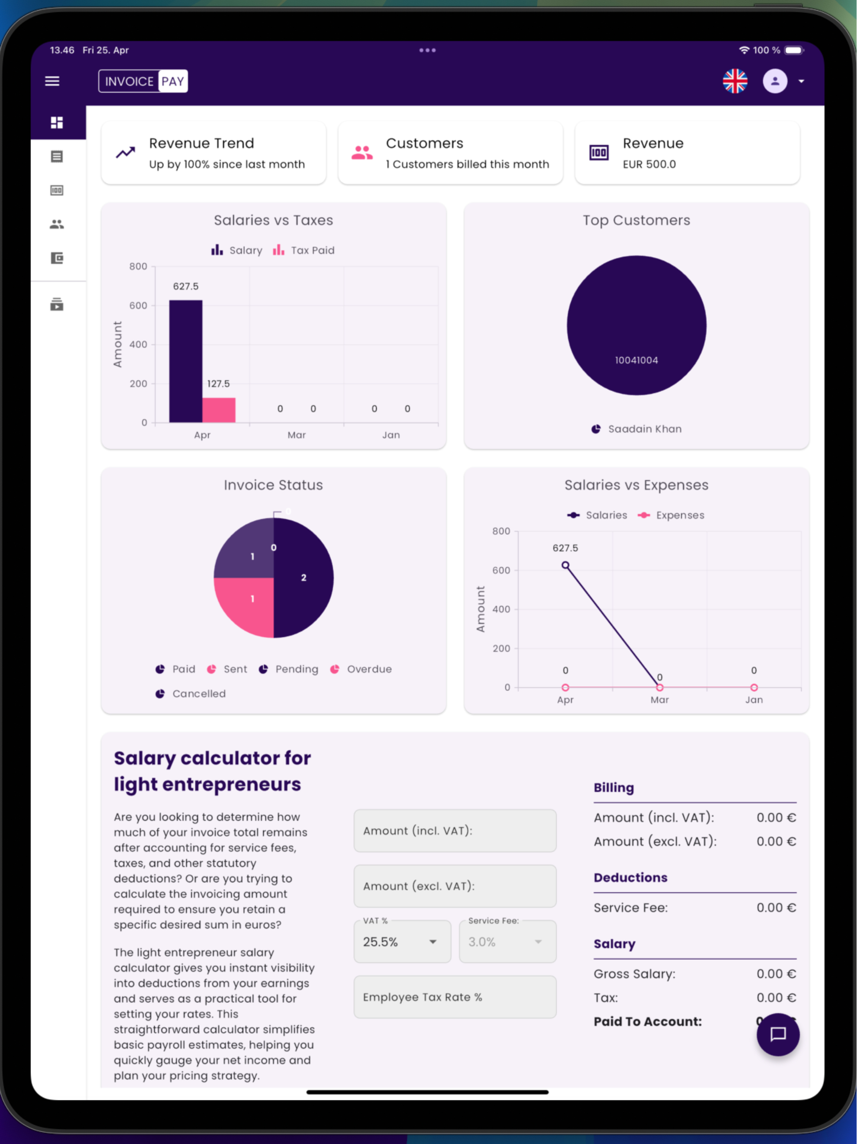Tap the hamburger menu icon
[x=52, y=81]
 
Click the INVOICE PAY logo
[x=143, y=81]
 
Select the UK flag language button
[x=734, y=81]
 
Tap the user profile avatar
[x=775, y=81]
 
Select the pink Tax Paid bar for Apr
[x=218, y=410]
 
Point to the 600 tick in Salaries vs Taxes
[x=139, y=306]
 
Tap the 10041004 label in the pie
[x=636, y=360]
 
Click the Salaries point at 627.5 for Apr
[x=565, y=565]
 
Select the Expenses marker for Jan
[x=754, y=687]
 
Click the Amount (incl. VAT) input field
[x=455, y=831]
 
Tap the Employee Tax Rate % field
[x=455, y=997]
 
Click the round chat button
[x=778, y=1034]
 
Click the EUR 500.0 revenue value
[x=649, y=164]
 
